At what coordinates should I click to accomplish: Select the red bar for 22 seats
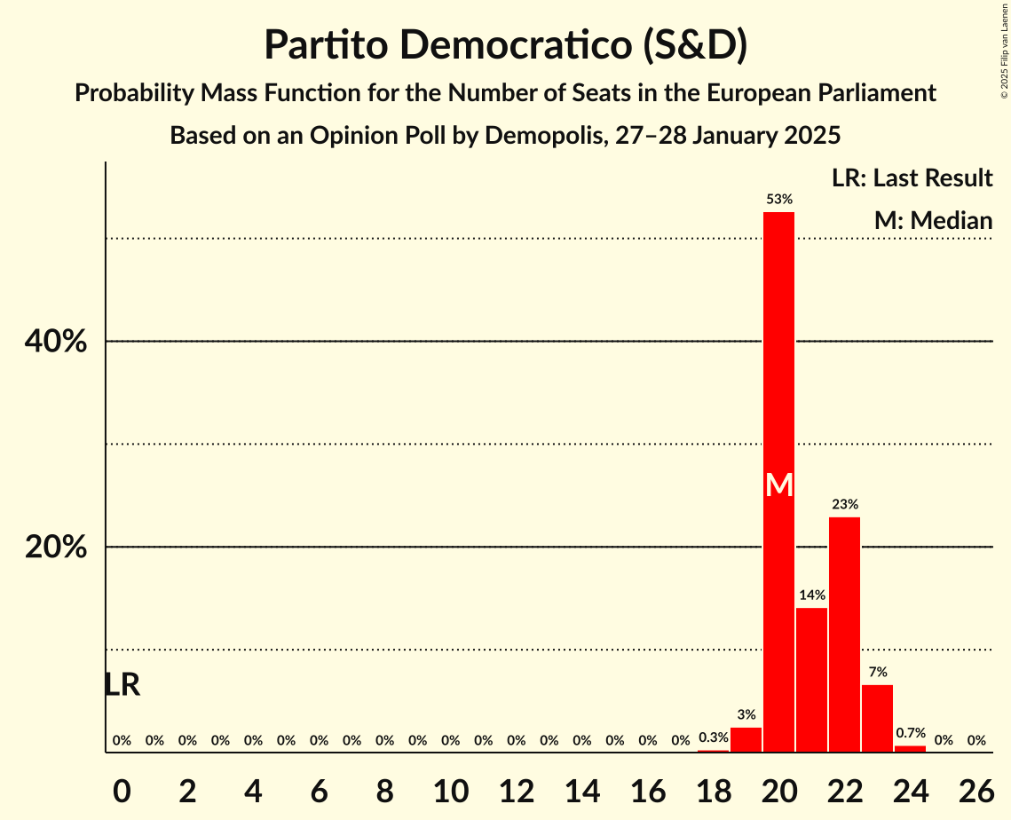(x=844, y=635)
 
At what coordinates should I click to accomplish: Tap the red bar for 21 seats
(x=811, y=680)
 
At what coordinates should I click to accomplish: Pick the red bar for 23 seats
(x=877, y=719)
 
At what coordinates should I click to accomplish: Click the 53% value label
(x=778, y=200)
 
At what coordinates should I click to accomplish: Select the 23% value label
(x=844, y=504)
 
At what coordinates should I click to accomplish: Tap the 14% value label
(x=811, y=595)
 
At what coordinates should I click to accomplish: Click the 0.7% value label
(x=910, y=733)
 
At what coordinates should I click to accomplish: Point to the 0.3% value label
(x=713, y=737)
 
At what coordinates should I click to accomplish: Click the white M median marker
(x=778, y=485)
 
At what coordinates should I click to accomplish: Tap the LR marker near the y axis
(x=122, y=685)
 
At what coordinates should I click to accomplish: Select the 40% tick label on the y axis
(x=56, y=342)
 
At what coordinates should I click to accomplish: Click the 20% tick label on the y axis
(x=56, y=548)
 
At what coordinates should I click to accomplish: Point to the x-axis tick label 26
(x=975, y=789)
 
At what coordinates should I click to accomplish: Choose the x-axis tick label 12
(x=516, y=789)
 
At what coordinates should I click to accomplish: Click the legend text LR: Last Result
(x=912, y=178)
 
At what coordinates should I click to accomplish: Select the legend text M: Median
(x=932, y=220)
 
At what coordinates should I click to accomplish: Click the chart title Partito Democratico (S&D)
(x=505, y=45)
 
